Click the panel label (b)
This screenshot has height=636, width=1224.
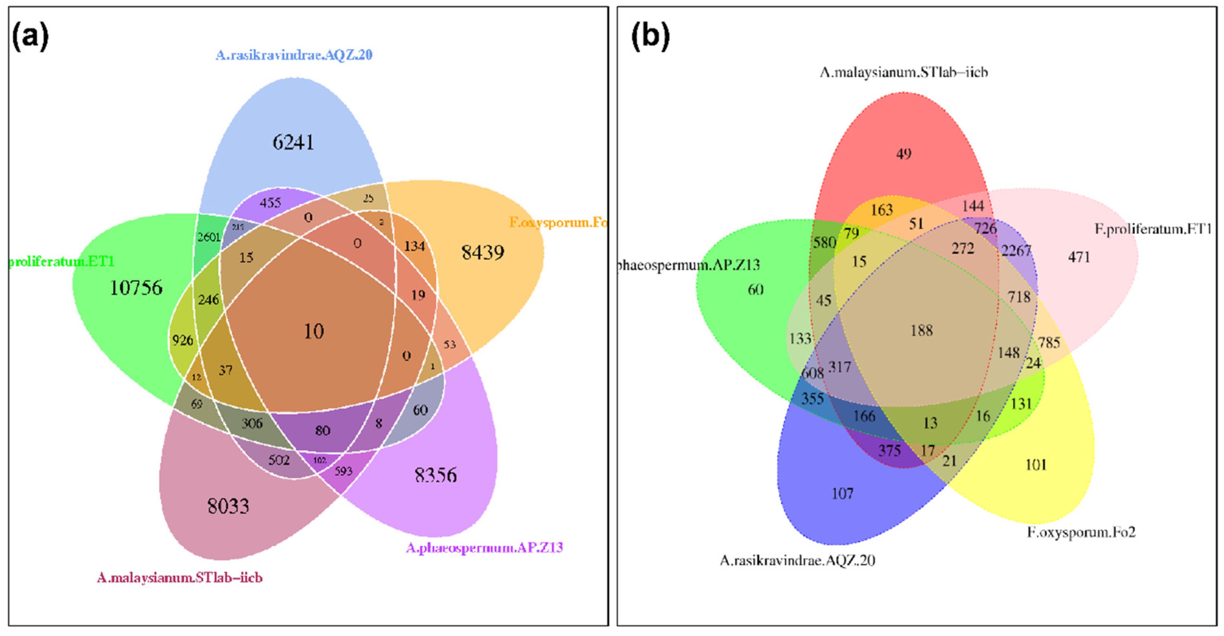pyautogui.click(x=650, y=37)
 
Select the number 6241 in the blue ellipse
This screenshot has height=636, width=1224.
pyautogui.click(x=293, y=142)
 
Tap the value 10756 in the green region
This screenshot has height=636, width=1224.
pyautogui.click(x=136, y=287)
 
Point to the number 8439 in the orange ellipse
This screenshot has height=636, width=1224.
pyautogui.click(x=483, y=252)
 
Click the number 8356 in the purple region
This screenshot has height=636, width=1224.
pyautogui.click(x=436, y=475)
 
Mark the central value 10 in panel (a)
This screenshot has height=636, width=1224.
pyautogui.click(x=314, y=331)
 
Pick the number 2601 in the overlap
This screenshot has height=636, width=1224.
pyautogui.click(x=209, y=237)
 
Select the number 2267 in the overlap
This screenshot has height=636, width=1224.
pyautogui.click(x=1016, y=250)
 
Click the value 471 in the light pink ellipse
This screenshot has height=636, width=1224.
pyautogui.click(x=1079, y=257)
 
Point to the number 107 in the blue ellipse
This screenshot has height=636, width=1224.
pyautogui.click(x=842, y=494)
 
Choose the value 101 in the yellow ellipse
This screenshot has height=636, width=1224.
pyautogui.click(x=1036, y=464)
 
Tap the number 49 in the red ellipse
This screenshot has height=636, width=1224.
pyautogui.click(x=904, y=154)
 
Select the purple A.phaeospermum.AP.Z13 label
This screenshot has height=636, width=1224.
pyautogui.click(x=484, y=548)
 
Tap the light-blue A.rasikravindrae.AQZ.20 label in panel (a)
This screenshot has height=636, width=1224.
pyautogui.click(x=294, y=55)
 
